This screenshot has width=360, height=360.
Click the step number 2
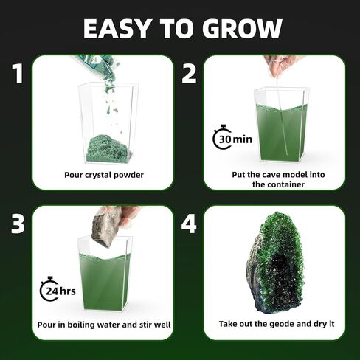(x=190, y=74)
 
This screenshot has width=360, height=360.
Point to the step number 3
(x=18, y=224)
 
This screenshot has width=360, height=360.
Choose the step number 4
(x=190, y=224)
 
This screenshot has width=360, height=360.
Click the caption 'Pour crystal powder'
(x=104, y=175)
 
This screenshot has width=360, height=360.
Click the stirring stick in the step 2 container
(x=278, y=118)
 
